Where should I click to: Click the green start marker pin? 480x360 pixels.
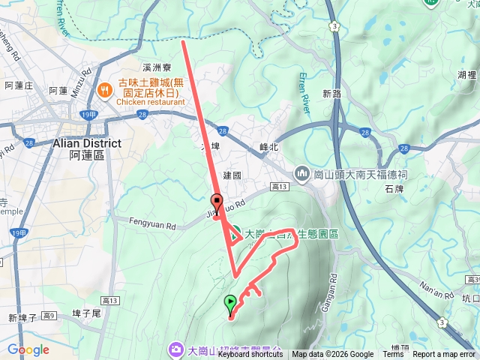click(229, 304)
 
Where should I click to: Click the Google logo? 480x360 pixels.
click(28, 349)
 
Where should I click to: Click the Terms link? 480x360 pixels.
click(392, 355)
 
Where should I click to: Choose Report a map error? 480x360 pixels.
click(445, 355)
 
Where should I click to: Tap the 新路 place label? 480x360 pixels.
click(332, 94)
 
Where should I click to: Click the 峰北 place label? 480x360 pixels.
click(268, 148)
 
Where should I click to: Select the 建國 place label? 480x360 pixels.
click(232, 175)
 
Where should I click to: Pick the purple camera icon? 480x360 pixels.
click(175, 349)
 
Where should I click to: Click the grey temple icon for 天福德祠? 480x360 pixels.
click(302, 174)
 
